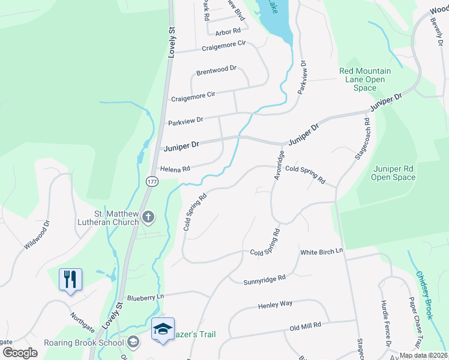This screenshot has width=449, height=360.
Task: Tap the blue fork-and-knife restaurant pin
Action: pos(70,279)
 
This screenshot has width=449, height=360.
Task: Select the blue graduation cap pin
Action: pos(163,329)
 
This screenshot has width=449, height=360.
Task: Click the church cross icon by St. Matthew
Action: pos(148,217)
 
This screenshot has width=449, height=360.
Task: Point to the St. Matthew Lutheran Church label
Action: pos(116,217)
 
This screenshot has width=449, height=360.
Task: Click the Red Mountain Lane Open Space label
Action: pos(365,79)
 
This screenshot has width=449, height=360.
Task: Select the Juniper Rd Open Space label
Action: pos(393,173)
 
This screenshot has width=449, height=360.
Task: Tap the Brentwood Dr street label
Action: pos(217,70)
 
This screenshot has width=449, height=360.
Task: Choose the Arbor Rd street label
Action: pos(228,31)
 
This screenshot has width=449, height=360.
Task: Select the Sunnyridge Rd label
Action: pos(265,279)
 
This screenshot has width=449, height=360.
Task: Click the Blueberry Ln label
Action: pos(145,297)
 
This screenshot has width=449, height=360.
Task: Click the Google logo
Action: pos(20,353)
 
